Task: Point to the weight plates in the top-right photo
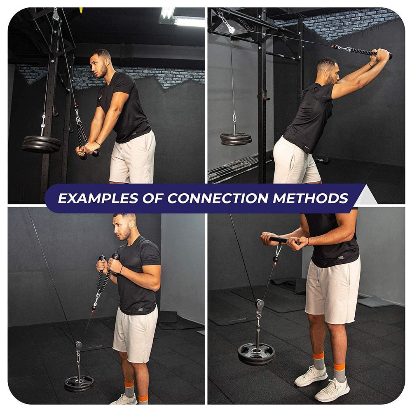coord(236,138)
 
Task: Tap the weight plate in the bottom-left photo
coord(79,383)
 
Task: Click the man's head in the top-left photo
coord(101,62)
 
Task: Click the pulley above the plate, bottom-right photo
coord(260,305)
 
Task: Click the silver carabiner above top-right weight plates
coord(234,118)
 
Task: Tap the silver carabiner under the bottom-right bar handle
coord(279,250)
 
